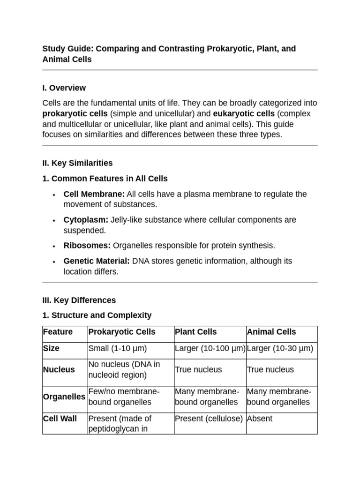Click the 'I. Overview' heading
(64, 88)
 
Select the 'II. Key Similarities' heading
(77, 163)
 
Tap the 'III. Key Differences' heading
(79, 300)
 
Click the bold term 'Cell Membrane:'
(94, 194)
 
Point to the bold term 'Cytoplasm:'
(86, 220)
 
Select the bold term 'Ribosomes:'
(87, 246)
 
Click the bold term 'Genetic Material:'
(97, 261)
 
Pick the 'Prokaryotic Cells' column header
(122, 332)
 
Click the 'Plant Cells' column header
(196, 332)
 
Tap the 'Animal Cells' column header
(271, 332)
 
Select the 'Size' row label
(52, 349)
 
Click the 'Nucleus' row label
(59, 369)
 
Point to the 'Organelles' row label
(64, 397)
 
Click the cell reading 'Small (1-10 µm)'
(118, 349)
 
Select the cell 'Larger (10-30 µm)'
(280, 349)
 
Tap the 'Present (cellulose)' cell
(209, 418)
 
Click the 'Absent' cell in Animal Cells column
(259, 418)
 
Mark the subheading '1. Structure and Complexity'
(97, 315)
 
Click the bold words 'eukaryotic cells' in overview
(244, 114)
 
